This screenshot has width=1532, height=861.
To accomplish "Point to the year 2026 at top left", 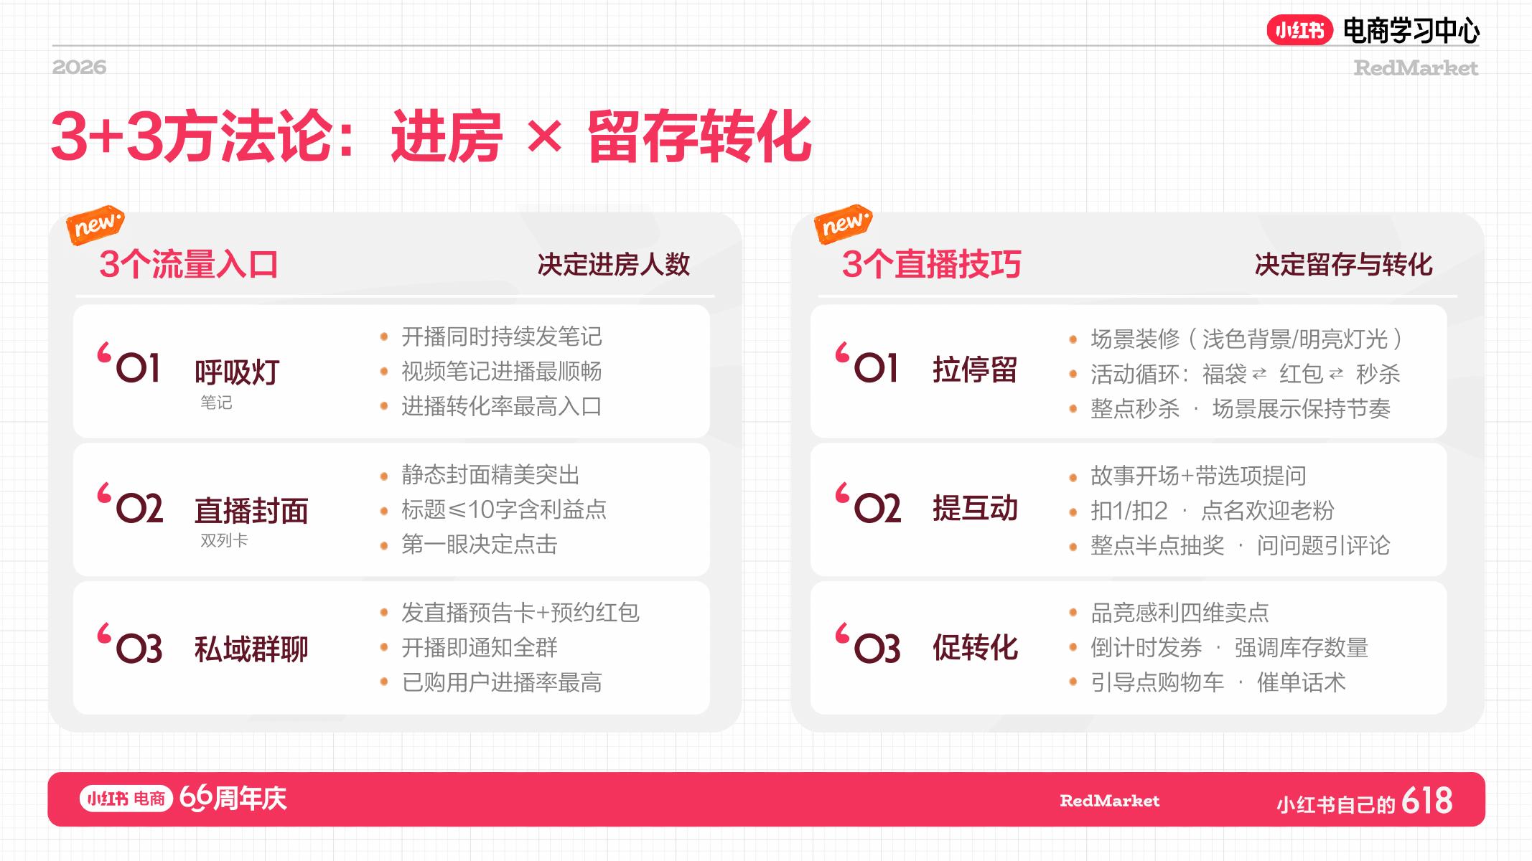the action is click(x=79, y=67).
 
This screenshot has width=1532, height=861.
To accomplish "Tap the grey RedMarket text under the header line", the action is click(x=1415, y=68).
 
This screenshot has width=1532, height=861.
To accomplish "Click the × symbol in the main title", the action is click(x=544, y=136).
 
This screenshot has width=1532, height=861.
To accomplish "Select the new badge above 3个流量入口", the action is click(x=95, y=225).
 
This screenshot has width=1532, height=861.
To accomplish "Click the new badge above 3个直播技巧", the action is click(x=844, y=225).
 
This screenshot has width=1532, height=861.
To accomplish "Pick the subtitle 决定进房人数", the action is click(x=614, y=265).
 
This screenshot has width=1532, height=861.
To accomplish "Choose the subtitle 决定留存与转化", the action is click(x=1343, y=265).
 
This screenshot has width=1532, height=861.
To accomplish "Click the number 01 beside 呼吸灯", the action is click(x=138, y=368).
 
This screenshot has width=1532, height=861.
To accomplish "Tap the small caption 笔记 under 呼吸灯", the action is click(x=216, y=403).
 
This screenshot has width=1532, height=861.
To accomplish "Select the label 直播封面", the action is click(x=251, y=511).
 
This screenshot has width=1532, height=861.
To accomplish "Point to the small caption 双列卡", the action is click(x=224, y=540).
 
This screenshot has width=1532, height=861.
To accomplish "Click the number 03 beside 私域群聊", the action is click(x=139, y=649).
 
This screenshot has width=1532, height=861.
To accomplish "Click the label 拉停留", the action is click(x=975, y=370).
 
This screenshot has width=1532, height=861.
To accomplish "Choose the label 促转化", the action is click(x=975, y=647).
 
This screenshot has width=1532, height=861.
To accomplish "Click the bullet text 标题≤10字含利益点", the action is click(x=504, y=509).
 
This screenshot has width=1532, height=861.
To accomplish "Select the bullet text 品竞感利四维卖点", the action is click(x=1180, y=613).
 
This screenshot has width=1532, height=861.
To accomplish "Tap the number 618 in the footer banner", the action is click(x=1426, y=801).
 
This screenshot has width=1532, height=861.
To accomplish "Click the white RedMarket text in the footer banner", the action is click(x=1109, y=801).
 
